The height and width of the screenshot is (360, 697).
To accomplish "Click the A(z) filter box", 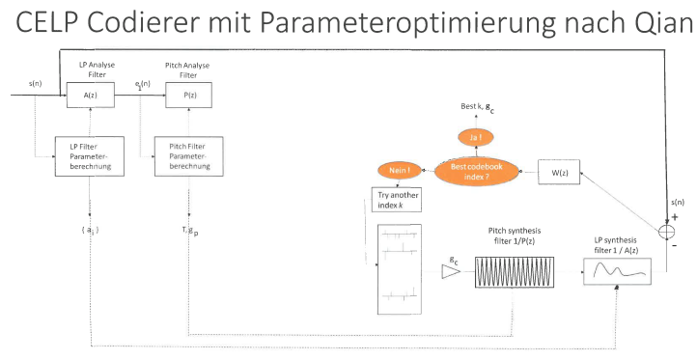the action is (90, 95).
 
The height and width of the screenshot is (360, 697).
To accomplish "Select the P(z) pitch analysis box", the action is (188, 95).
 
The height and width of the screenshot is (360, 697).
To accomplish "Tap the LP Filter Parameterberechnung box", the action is (90, 156).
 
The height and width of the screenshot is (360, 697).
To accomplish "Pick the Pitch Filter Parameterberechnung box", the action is (189, 156).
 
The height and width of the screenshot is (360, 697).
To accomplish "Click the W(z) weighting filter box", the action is (559, 172).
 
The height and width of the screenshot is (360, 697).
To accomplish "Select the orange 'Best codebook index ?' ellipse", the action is (477, 172).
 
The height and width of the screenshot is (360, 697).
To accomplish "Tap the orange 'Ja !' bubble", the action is (476, 138).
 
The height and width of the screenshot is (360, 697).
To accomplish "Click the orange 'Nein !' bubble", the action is (399, 170).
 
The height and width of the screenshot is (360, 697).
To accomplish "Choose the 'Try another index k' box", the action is (397, 200).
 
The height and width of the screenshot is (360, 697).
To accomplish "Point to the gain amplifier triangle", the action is (450, 271).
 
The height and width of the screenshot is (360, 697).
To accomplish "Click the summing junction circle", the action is (666, 232).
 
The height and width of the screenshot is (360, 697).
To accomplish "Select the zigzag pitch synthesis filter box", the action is (515, 272).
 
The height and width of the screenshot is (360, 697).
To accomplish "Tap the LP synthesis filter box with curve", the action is (618, 271).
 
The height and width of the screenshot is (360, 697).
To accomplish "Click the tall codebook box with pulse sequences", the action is (400, 269).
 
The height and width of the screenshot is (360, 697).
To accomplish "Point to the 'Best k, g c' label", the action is (478, 107).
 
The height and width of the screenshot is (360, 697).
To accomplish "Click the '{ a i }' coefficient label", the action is (90, 231).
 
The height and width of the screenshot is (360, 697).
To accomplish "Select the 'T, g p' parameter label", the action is (190, 231).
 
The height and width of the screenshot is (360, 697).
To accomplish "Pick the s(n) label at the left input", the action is (36, 83).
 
